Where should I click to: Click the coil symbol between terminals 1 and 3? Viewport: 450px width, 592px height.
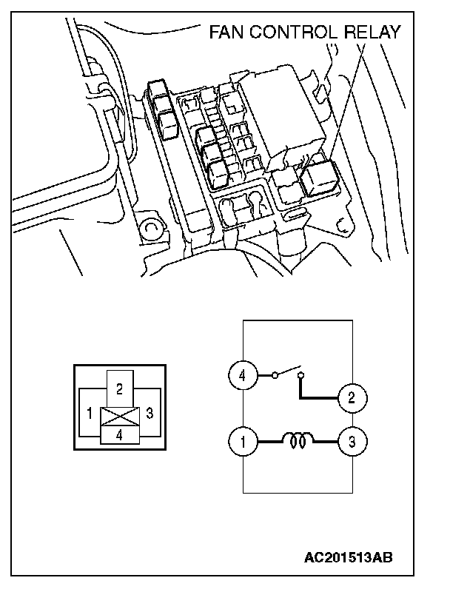tap(298, 443)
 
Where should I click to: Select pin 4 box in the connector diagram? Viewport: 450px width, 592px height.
tap(119, 435)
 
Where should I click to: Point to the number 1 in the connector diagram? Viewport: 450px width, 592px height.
tap(90, 413)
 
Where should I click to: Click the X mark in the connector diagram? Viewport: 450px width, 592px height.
tap(119, 417)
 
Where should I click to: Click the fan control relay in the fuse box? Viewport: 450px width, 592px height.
tap(320, 178)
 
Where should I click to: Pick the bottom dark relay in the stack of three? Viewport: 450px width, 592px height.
tap(218, 175)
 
